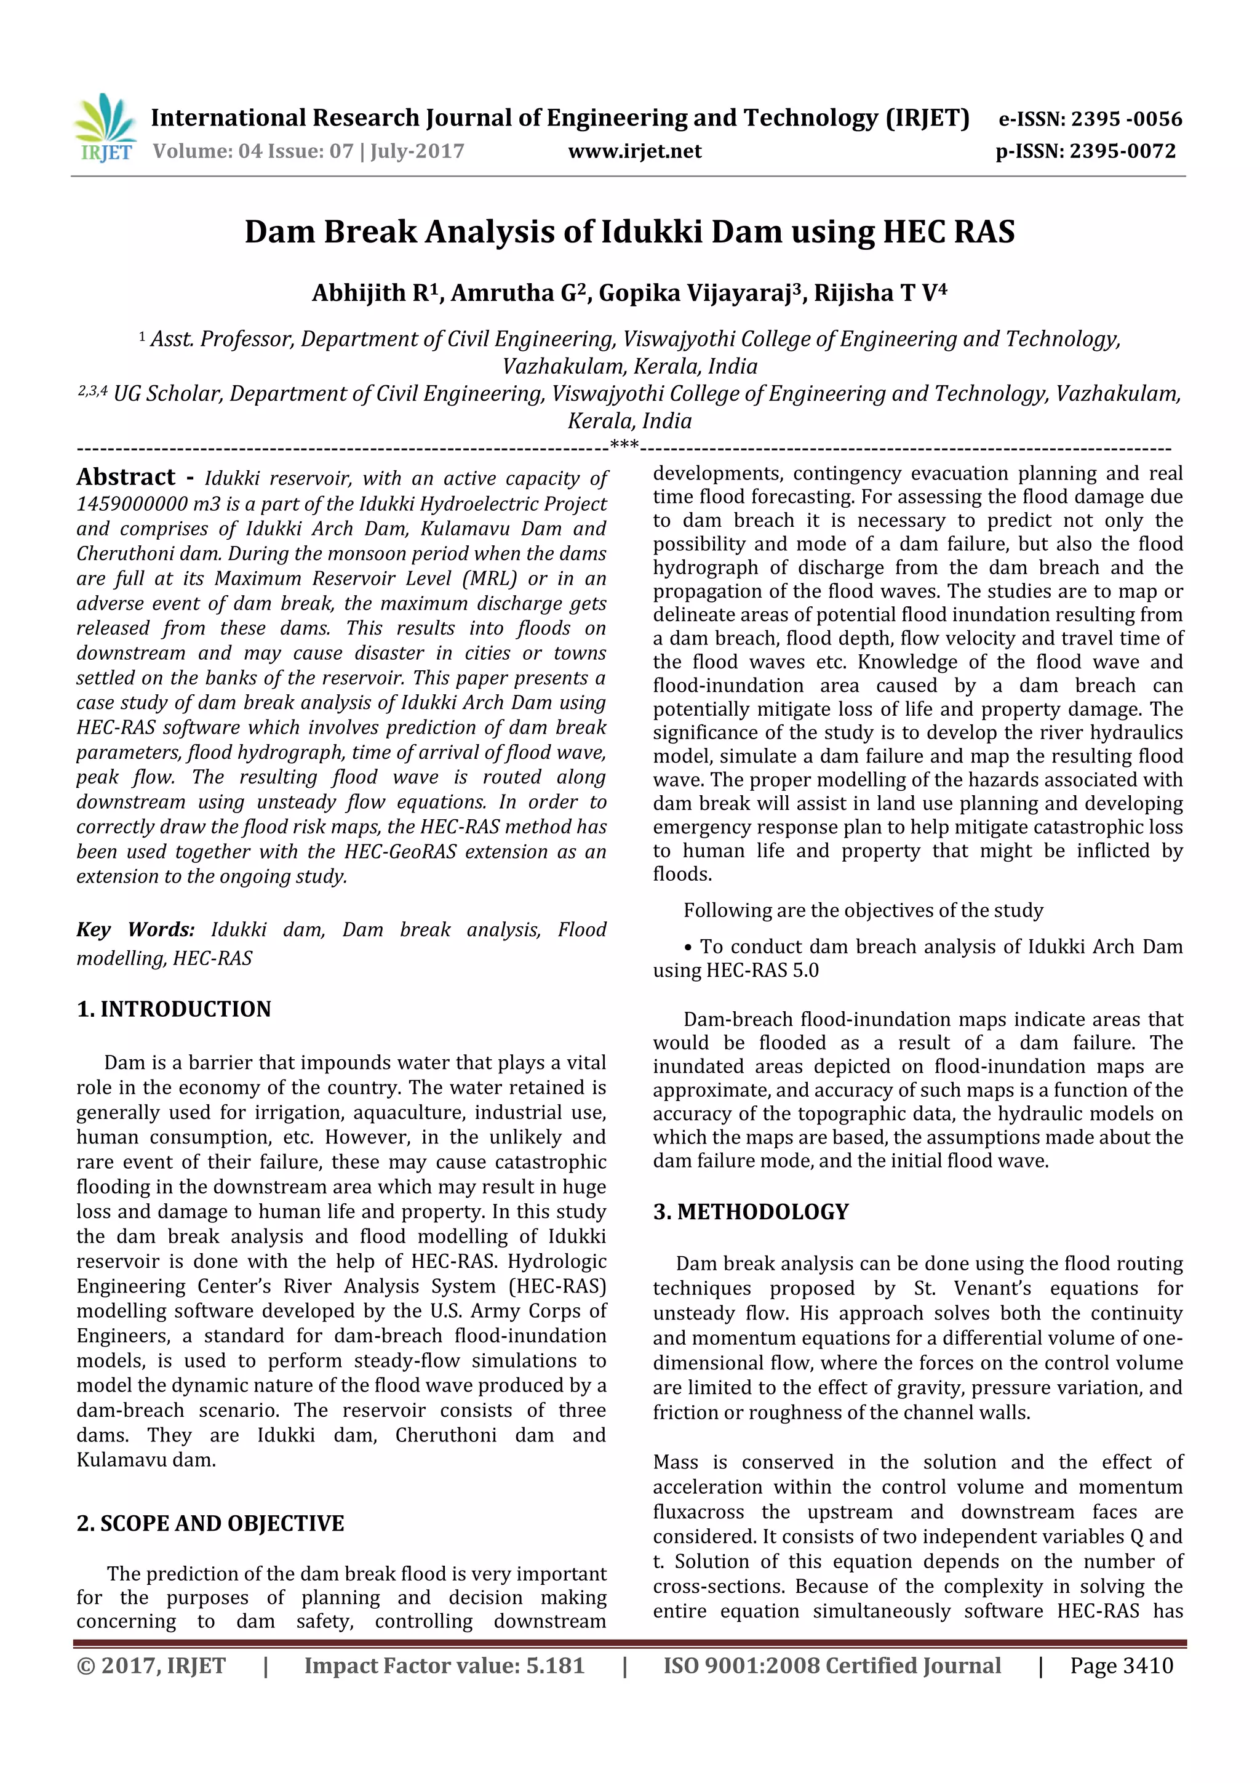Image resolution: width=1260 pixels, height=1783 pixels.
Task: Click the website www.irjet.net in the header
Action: pyautogui.click(x=634, y=151)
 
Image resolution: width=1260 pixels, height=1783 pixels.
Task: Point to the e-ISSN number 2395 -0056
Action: pyautogui.click(x=1126, y=119)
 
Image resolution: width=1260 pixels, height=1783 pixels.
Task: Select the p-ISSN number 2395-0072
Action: pyautogui.click(x=1123, y=151)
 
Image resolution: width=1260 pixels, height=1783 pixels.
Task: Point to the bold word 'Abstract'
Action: pyautogui.click(x=126, y=477)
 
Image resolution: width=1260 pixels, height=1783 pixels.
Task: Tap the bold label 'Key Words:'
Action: pyautogui.click(x=136, y=929)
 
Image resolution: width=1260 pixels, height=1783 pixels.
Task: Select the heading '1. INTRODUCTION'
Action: pyautogui.click(x=174, y=1009)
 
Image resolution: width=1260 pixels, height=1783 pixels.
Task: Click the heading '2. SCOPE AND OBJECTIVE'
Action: pyautogui.click(x=210, y=1523)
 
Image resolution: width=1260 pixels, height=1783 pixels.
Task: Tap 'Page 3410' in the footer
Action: pyautogui.click(x=1121, y=1665)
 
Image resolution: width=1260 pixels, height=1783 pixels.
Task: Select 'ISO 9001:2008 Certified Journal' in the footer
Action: pyautogui.click(x=831, y=1665)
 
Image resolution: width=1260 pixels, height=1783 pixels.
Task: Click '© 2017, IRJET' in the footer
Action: pyautogui.click(x=151, y=1665)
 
